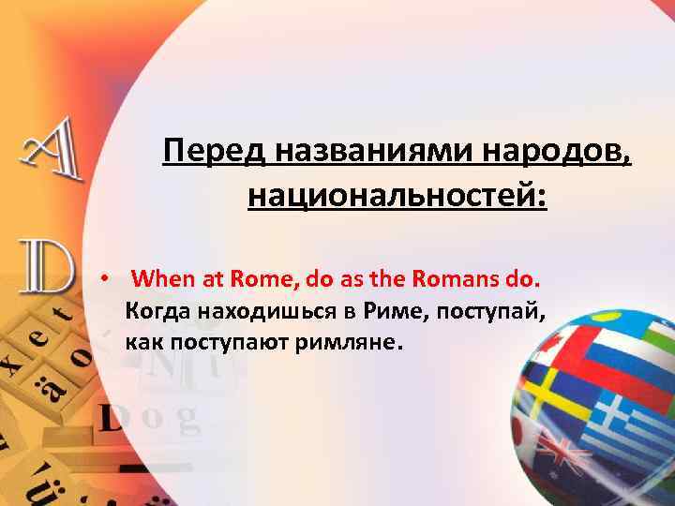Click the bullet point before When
click(x=109, y=280)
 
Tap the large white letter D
click(x=42, y=268)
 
